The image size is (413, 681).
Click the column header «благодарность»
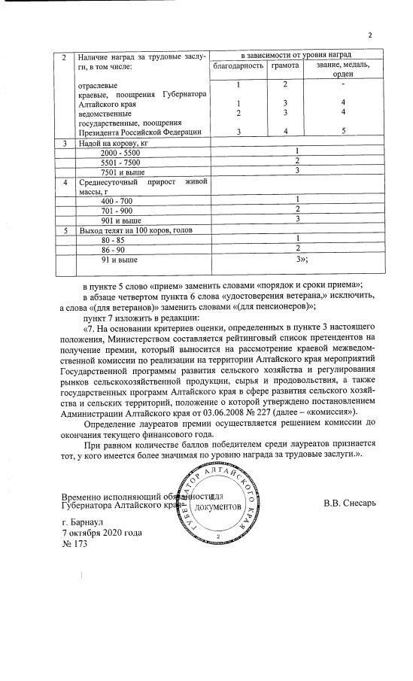click(x=238, y=66)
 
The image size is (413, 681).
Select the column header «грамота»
click(x=286, y=66)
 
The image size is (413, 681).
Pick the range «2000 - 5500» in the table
click(x=120, y=153)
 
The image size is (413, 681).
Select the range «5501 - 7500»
click(x=120, y=162)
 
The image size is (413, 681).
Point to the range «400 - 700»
click(x=116, y=200)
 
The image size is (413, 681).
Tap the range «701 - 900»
click(x=116, y=210)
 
